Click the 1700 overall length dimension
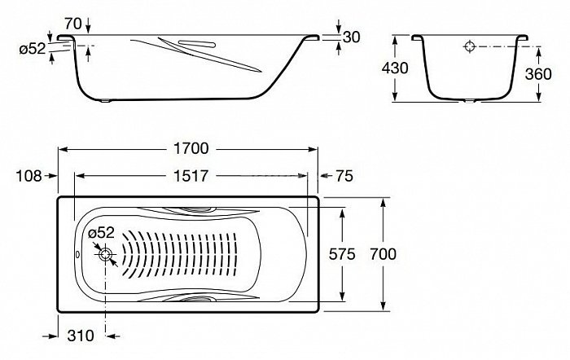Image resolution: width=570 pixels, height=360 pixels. click(191, 148)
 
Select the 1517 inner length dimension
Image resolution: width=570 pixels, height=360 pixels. click(191, 176)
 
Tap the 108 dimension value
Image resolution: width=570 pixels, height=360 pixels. click(28, 176)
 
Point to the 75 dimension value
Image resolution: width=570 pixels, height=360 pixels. click(344, 176)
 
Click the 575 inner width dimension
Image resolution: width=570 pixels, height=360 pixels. click(342, 254)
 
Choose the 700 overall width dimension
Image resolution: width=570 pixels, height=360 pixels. click(384, 254)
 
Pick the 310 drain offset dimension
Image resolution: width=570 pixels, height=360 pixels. click(81, 336)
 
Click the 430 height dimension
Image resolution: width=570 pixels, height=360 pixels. click(395, 68)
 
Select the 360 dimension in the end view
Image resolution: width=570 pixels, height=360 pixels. click(538, 74)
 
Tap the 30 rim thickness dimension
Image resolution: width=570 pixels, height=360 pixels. click(351, 37)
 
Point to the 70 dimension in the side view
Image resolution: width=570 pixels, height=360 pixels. click(73, 24)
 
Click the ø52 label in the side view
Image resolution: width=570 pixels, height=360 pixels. click(33, 49)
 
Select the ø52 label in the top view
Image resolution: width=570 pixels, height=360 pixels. click(101, 232)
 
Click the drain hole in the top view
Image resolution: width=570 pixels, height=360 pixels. click(105, 255)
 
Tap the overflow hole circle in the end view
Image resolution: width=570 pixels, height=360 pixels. click(470, 46)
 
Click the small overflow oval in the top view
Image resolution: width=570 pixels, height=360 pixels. click(77, 255)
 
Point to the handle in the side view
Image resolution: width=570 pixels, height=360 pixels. click(197, 44)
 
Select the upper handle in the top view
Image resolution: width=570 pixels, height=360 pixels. click(199, 210)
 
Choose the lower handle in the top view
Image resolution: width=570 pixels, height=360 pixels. click(199, 299)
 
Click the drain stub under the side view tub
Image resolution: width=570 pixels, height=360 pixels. click(105, 101)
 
